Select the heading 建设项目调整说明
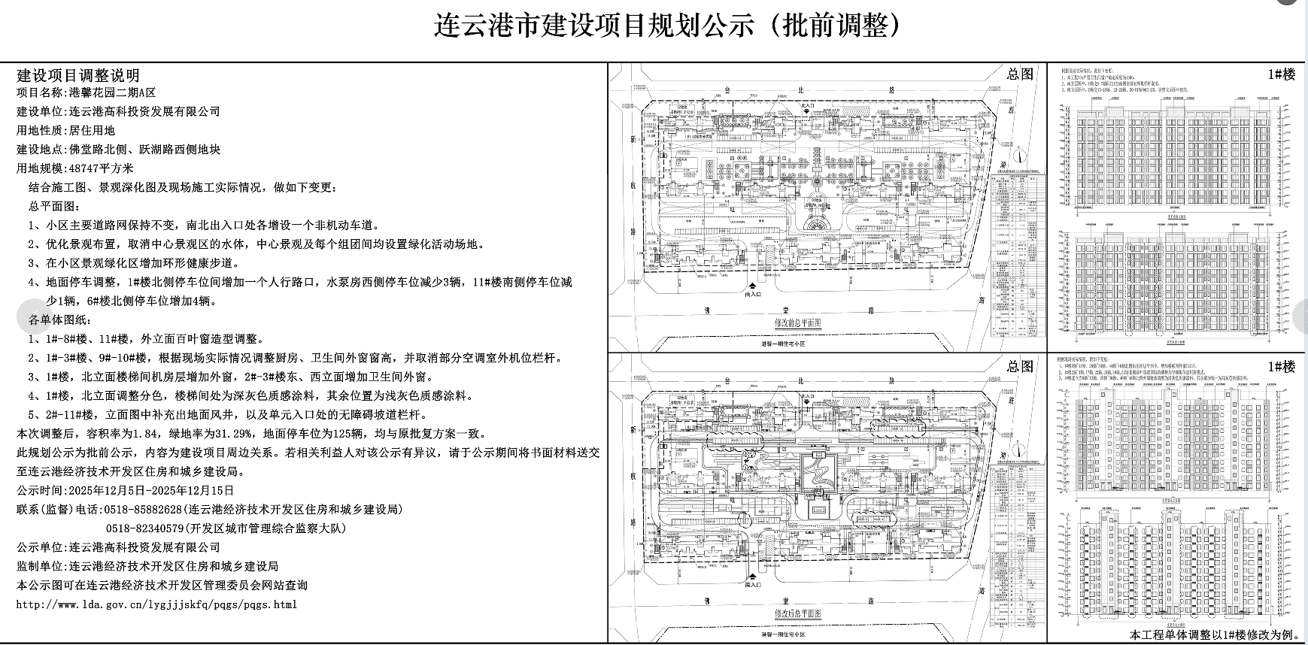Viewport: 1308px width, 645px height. pyautogui.click(x=78, y=75)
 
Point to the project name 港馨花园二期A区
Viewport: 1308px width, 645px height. pyautogui.click(x=112, y=93)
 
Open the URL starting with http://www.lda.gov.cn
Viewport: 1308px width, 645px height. pyautogui.click(x=156, y=604)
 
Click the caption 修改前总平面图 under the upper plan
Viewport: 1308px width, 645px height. pyautogui.click(x=798, y=322)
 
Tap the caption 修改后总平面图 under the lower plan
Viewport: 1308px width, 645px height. pyautogui.click(x=798, y=613)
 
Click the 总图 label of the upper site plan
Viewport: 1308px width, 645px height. pyautogui.click(x=1021, y=74)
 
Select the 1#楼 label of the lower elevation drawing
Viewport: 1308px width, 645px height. pyautogui.click(x=1281, y=367)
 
